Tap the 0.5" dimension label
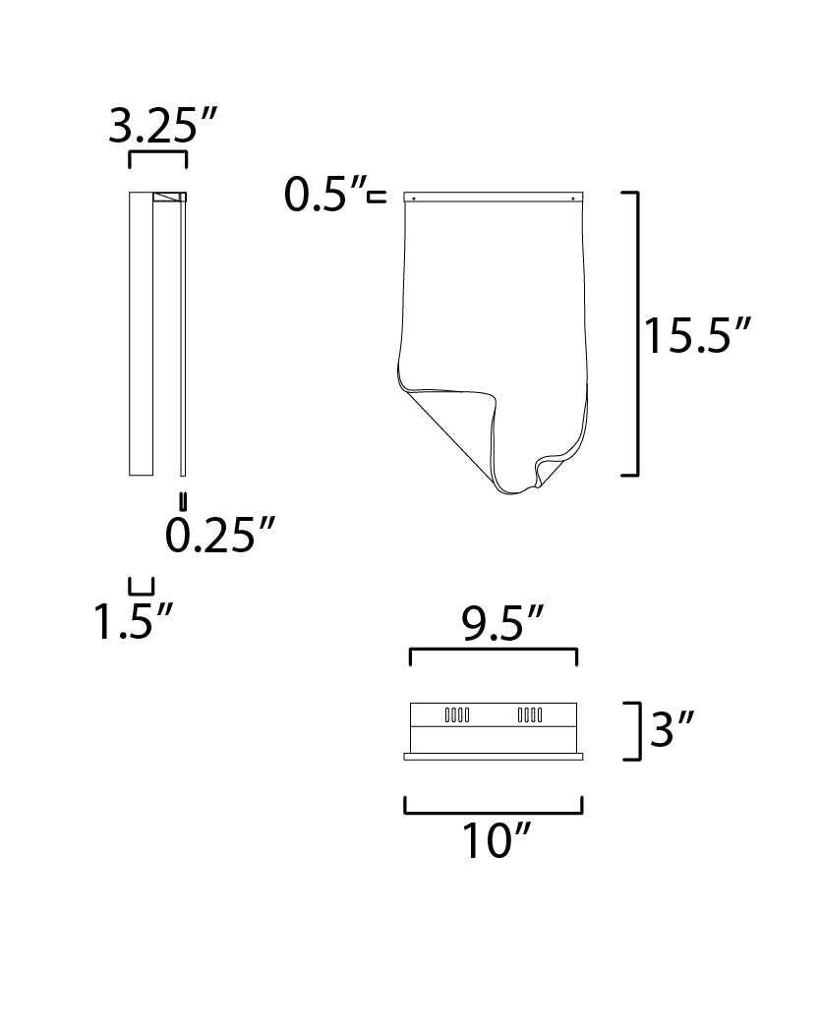tap(324, 194)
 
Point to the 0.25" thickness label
tap(219, 535)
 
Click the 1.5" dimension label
tap(134, 620)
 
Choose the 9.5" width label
tap(501, 624)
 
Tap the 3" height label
tap(671, 729)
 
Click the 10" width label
tap(496, 840)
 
